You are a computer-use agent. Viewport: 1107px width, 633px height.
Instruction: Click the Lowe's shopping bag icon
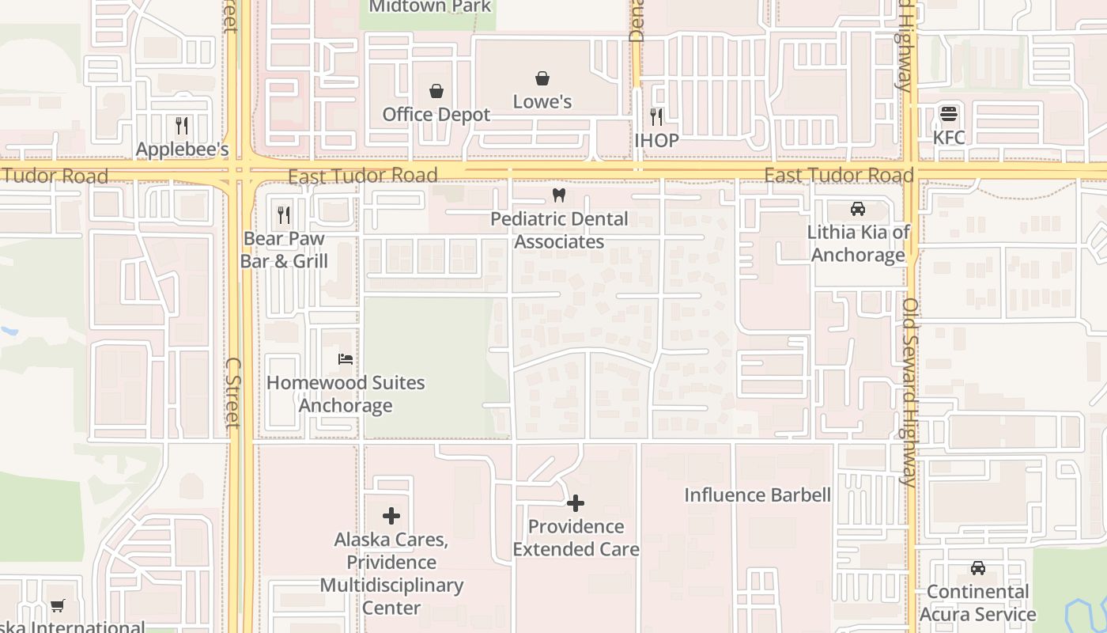coord(542,78)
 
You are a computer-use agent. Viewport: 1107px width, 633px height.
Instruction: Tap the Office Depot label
coord(436,115)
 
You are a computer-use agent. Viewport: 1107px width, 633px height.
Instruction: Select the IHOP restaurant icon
coord(656,117)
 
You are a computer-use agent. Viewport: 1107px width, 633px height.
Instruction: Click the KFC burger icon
coord(949,114)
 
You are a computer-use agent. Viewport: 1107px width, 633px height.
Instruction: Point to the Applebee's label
coord(182,150)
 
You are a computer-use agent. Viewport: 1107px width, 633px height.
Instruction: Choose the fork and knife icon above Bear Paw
coord(284,214)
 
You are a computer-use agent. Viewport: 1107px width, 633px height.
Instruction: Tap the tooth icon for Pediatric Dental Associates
coord(559,195)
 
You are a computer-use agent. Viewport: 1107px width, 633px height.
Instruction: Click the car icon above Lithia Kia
coord(858,209)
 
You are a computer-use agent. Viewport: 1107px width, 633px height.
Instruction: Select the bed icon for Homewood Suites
coord(346,359)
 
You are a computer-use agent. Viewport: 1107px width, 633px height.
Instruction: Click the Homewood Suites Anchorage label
coord(346,394)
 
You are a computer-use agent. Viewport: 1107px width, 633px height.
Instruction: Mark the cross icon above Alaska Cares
coord(391,517)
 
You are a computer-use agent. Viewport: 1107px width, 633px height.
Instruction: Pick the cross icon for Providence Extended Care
coord(576,503)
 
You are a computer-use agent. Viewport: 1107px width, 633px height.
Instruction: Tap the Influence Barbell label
coord(757,495)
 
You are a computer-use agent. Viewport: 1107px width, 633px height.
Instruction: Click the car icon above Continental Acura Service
coord(978,568)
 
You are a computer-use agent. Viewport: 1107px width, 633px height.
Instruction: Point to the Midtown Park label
coord(430,7)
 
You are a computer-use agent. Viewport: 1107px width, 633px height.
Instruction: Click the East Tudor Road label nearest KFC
coord(839,175)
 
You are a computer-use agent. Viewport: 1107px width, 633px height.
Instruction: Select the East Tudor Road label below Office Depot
coord(362,176)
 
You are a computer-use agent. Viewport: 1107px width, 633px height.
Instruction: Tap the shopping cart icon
coord(58,606)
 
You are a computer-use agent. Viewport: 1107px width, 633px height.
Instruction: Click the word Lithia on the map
coord(832,233)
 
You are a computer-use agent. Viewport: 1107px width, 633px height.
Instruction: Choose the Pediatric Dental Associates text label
coord(559,230)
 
